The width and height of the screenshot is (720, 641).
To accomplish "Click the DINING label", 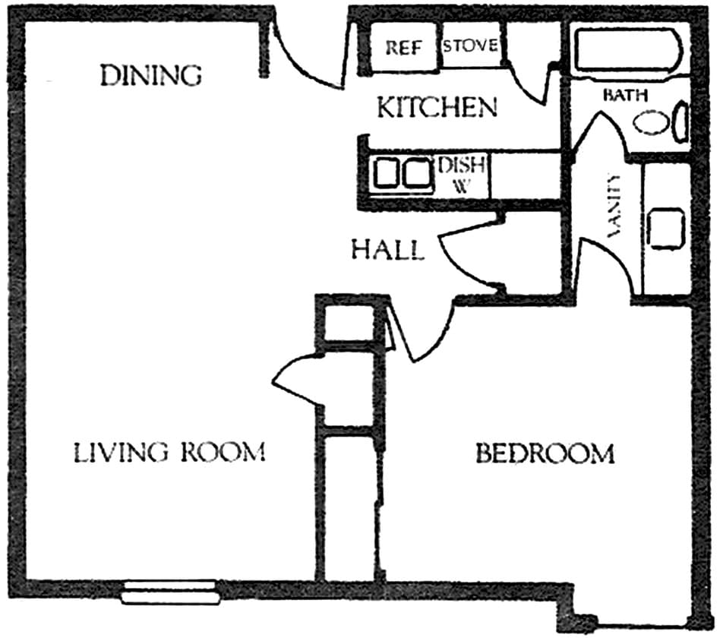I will tap(152, 75).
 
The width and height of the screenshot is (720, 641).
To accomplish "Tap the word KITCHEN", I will tap(437, 108).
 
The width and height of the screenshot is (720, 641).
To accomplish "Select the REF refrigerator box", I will tap(402, 47).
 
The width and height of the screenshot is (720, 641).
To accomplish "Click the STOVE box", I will tap(471, 46).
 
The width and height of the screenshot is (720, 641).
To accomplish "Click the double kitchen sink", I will tap(401, 173).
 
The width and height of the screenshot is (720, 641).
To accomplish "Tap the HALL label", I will tap(387, 249).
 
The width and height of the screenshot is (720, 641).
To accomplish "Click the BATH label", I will tap(625, 96).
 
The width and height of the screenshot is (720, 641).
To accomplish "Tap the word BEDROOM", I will tap(545, 454).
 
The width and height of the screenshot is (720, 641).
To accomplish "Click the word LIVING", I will tap(120, 453).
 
